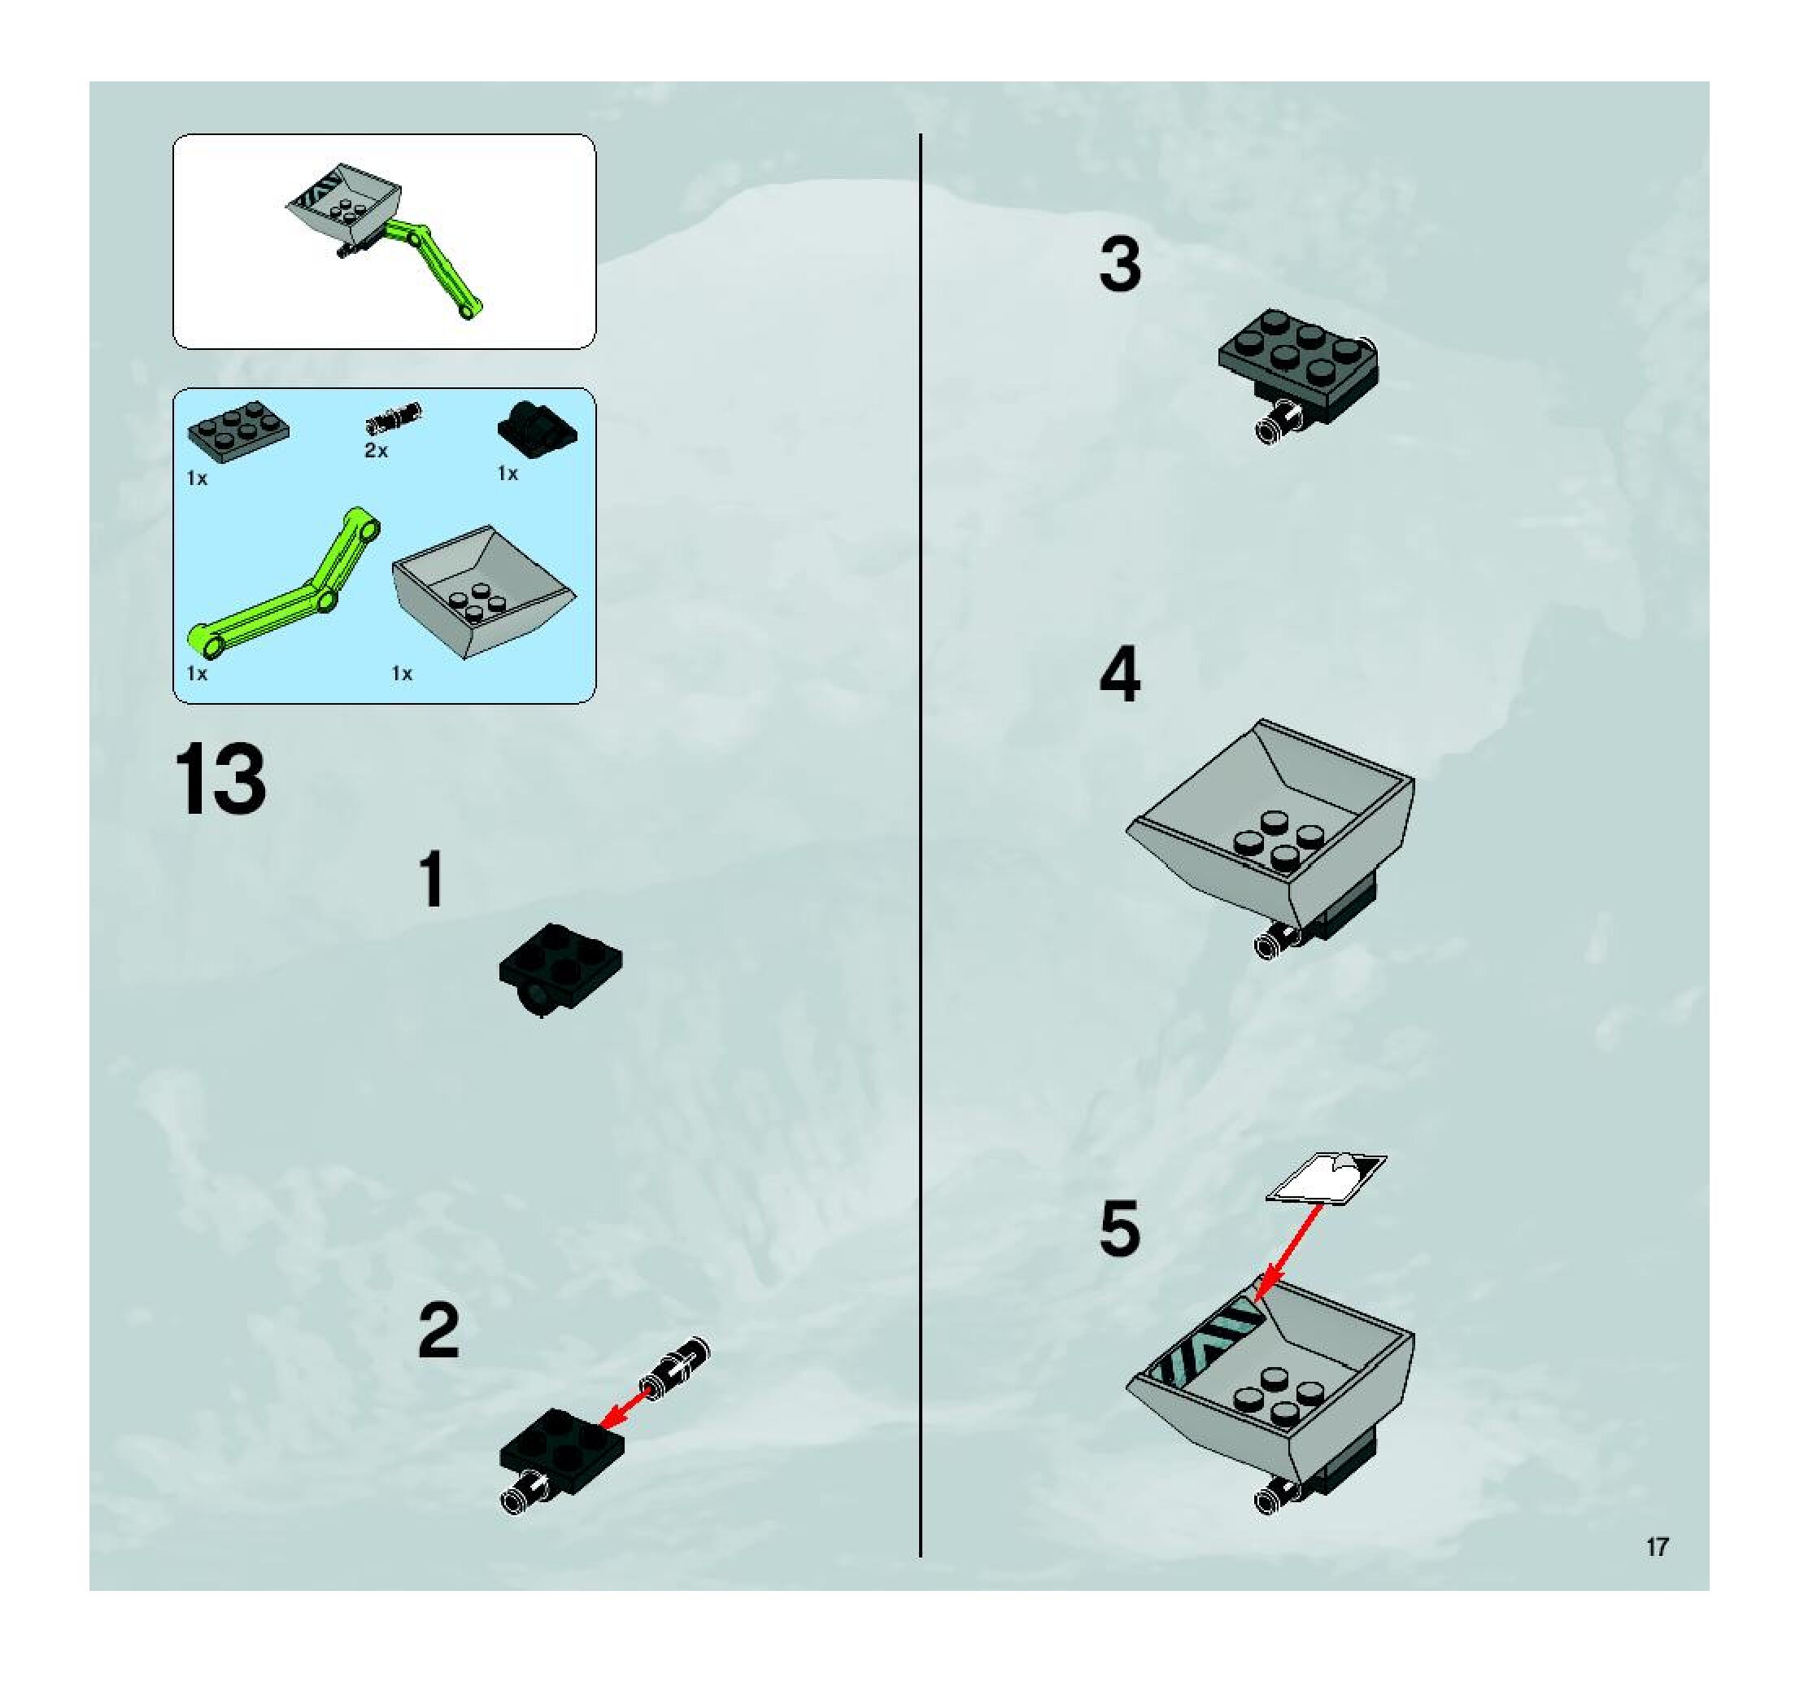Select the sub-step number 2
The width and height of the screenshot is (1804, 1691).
pyautogui.click(x=439, y=1330)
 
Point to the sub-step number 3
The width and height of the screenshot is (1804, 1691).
pyautogui.click(x=1120, y=265)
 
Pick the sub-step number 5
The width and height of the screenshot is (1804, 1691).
pyautogui.click(x=1120, y=1228)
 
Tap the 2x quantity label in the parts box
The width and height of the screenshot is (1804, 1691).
pyautogui.click(x=376, y=450)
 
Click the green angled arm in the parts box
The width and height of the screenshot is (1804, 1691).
pyautogui.click(x=283, y=582)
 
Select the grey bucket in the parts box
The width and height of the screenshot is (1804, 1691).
pyautogui.click(x=484, y=591)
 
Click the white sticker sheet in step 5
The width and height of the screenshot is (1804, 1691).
pyautogui.click(x=1326, y=1178)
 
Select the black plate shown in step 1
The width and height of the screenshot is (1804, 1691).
pyautogui.click(x=560, y=969)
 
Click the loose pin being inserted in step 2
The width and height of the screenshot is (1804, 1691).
pyautogui.click(x=676, y=1367)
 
